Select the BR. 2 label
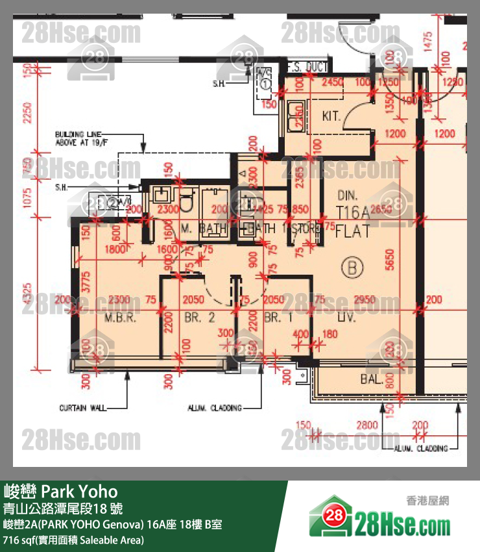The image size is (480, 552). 199,318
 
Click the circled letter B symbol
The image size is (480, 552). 354,267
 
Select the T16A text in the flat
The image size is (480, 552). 354,212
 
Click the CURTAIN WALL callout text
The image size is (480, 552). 81,408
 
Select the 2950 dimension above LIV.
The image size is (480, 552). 365,300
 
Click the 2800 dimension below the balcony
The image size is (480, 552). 366,425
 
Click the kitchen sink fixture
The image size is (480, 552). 297,112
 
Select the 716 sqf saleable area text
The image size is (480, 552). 73,540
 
